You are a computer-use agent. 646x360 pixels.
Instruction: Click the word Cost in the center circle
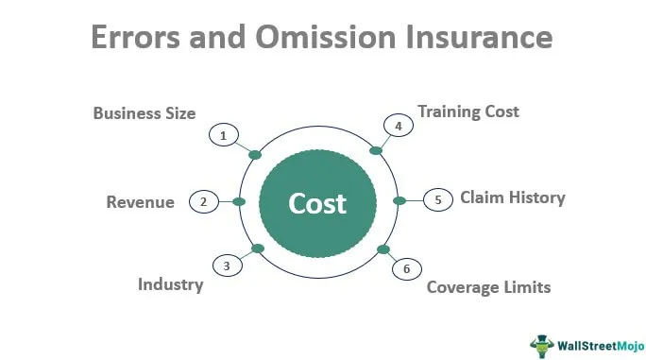pyautogui.click(x=317, y=203)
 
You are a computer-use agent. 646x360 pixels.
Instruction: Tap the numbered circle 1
pyautogui.click(x=222, y=136)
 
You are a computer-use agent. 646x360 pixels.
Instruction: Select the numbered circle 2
pyautogui.click(x=203, y=201)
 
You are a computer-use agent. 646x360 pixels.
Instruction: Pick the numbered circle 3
pyautogui.click(x=226, y=266)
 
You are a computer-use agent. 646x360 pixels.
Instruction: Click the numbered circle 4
pyautogui.click(x=398, y=126)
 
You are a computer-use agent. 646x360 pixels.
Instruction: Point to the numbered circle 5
pyautogui.click(x=437, y=199)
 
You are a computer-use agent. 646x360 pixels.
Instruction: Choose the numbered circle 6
pyautogui.click(x=407, y=269)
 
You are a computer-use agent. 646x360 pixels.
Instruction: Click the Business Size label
pyautogui.click(x=144, y=113)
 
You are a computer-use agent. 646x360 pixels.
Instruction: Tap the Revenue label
pyautogui.click(x=140, y=202)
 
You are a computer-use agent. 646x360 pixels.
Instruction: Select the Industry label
pyautogui.click(x=170, y=283)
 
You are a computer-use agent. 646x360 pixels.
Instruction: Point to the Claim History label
pyautogui.click(x=512, y=197)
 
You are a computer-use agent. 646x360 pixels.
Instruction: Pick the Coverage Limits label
pyautogui.click(x=488, y=286)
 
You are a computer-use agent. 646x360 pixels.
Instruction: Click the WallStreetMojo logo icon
pyautogui.click(x=542, y=343)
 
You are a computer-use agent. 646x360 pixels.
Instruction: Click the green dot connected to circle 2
pyautogui.click(x=239, y=201)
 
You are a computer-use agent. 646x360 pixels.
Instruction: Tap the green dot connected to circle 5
pyautogui.click(x=399, y=200)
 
